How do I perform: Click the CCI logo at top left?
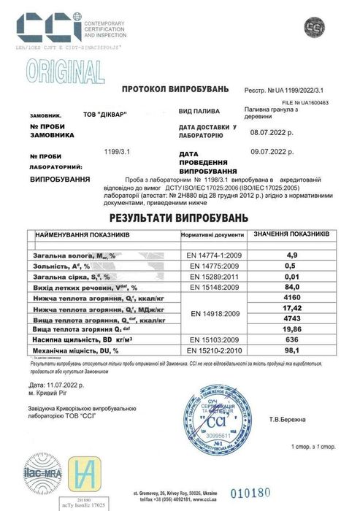(48, 26)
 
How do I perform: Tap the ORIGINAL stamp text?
(66, 72)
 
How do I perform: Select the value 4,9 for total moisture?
(292, 255)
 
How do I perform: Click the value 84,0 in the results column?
(292, 288)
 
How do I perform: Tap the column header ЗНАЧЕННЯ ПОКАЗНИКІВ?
(291, 234)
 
